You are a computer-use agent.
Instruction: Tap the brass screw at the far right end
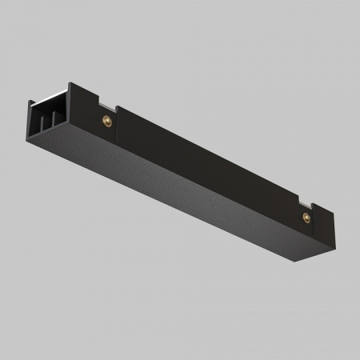304,218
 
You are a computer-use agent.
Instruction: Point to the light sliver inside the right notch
308,202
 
